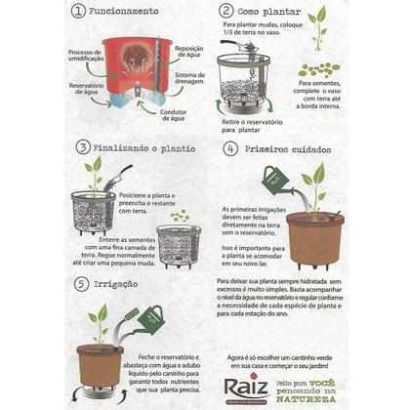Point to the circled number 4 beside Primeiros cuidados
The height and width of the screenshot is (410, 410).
click(x=230, y=149)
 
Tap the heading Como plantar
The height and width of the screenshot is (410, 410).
click(x=271, y=12)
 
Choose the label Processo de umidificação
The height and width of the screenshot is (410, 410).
click(x=85, y=55)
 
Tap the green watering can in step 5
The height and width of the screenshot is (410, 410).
click(x=150, y=316)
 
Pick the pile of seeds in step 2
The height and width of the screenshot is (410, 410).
click(x=318, y=69)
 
